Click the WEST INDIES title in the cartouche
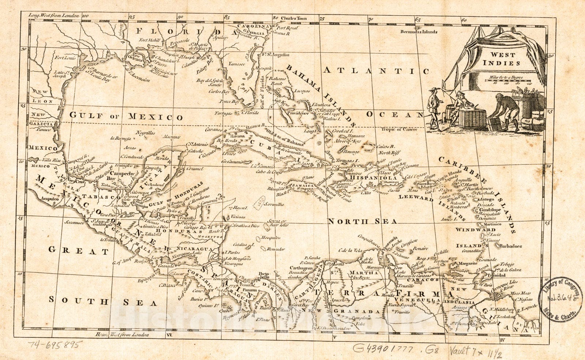[502, 59]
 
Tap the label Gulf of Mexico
[126, 117]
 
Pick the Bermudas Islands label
[419, 32]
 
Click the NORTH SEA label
[362, 222]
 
